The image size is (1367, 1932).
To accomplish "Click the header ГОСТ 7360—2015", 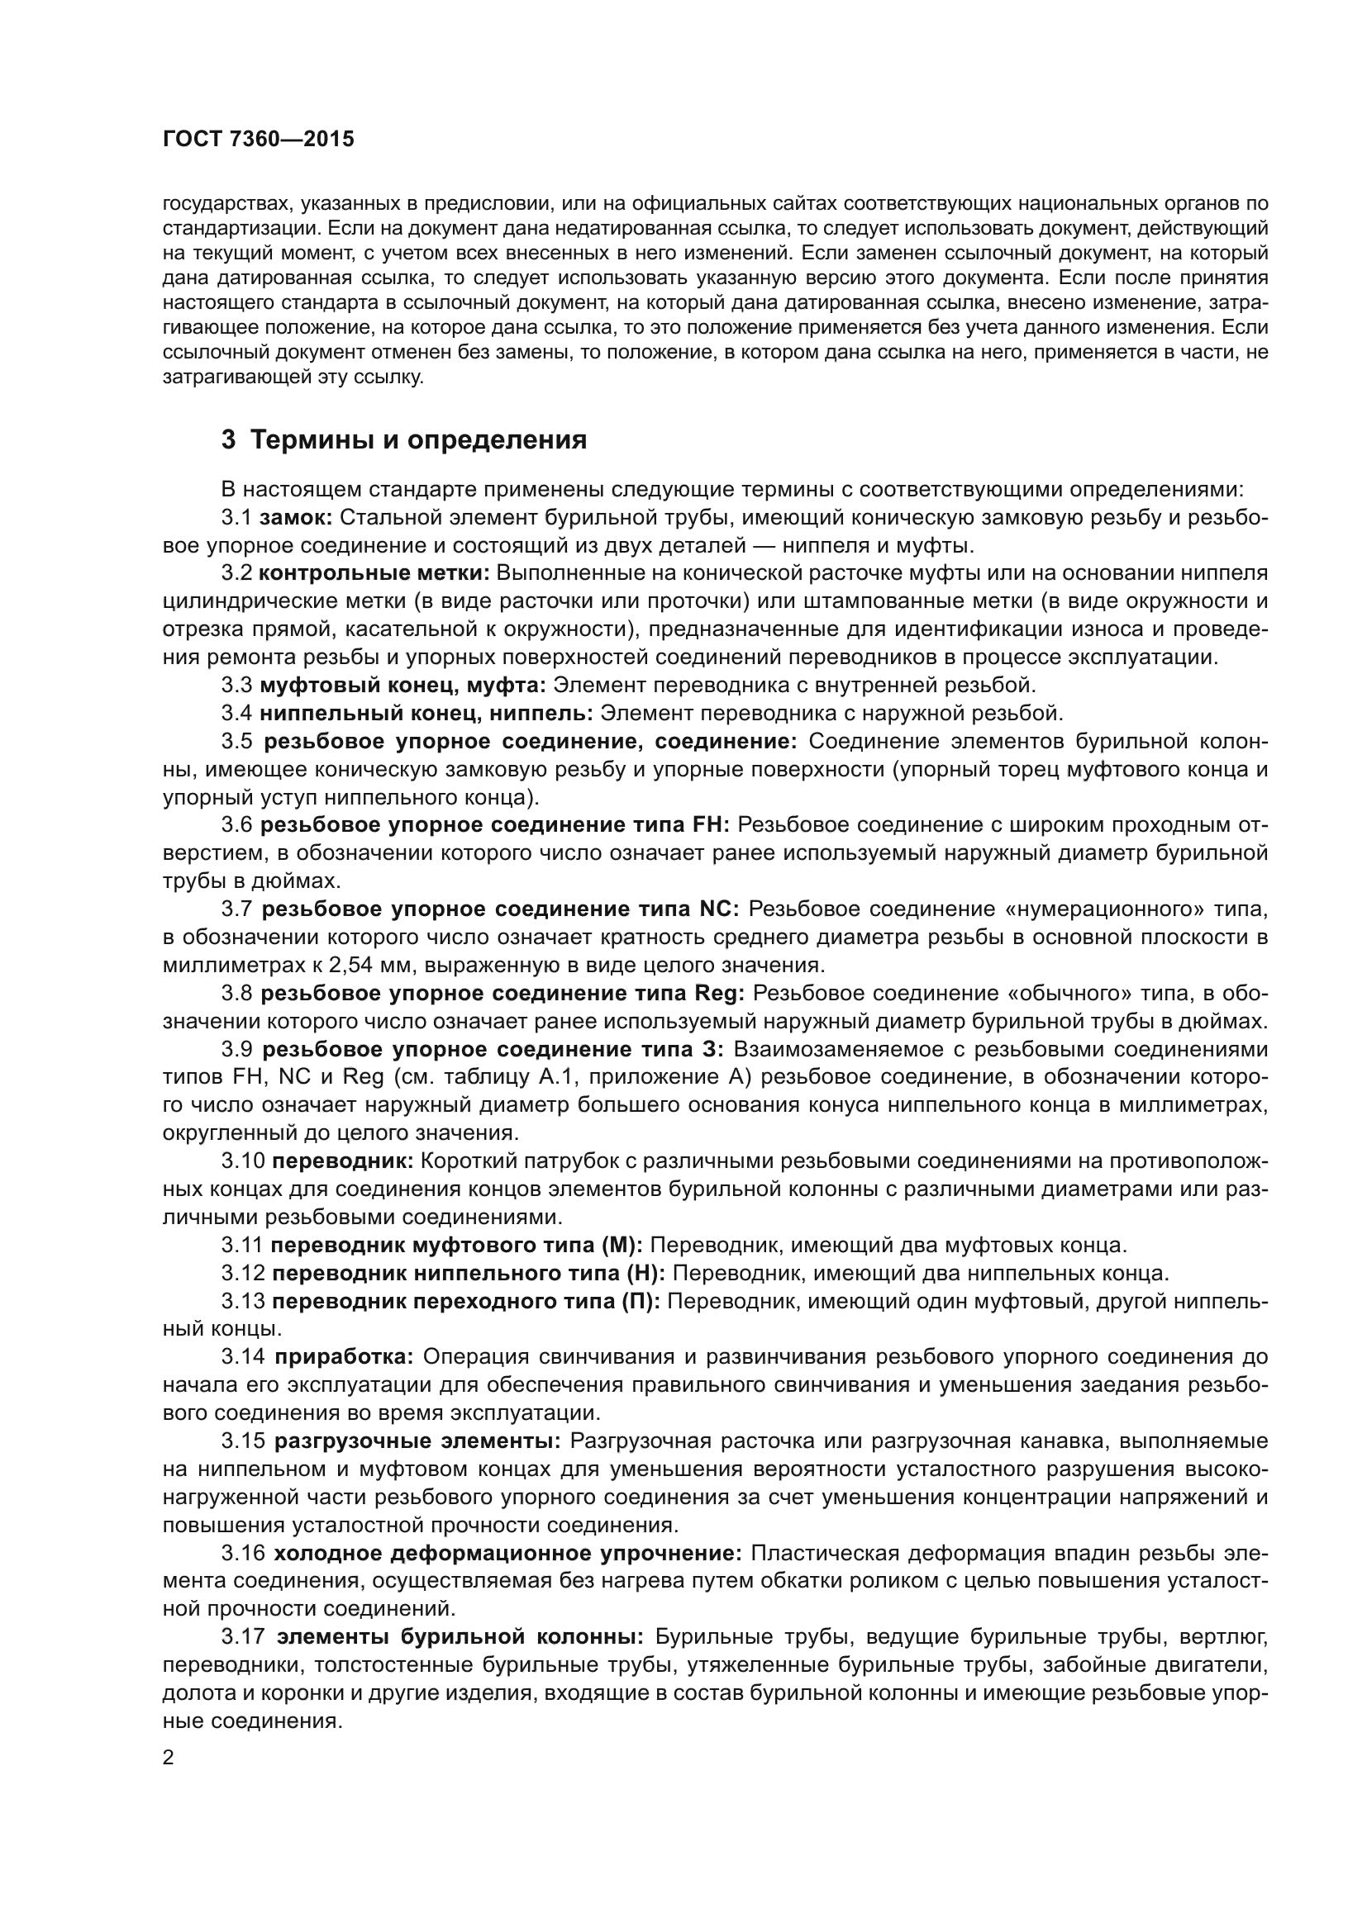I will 258,140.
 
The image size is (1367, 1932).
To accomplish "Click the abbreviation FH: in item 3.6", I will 712,825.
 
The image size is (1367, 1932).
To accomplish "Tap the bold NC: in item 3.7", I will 719,909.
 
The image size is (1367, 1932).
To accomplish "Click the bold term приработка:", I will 345,1356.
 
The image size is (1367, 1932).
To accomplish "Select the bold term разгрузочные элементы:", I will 417,1441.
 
